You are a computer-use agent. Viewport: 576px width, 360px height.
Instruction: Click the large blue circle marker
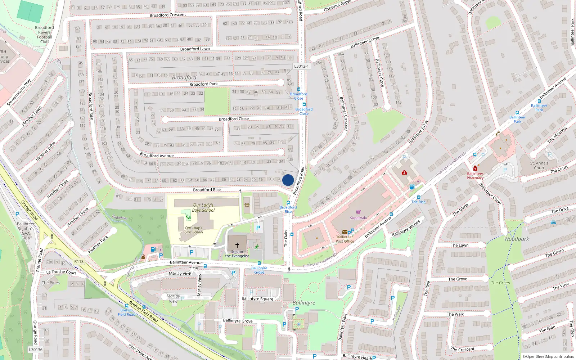288,180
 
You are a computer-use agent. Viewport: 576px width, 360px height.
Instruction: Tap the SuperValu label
358,218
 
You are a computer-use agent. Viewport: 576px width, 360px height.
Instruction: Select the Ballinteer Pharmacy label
475,176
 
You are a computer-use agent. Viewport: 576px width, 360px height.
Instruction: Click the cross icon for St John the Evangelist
237,245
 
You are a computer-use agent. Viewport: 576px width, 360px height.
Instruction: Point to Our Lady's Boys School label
203,208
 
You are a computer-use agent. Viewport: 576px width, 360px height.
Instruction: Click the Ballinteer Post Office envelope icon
345,232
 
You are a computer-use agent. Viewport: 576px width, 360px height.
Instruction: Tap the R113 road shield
79,262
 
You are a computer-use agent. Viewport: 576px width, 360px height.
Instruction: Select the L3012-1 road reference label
301,66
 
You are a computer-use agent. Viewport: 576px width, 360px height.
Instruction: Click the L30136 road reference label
36,350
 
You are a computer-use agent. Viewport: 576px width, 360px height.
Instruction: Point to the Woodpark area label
516,239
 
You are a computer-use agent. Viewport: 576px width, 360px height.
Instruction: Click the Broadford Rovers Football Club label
44,35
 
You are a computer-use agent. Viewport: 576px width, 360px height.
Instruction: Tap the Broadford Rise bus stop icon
288,203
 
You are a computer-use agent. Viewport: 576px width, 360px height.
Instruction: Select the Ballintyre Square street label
257,299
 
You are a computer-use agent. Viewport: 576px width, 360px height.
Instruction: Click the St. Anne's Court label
539,165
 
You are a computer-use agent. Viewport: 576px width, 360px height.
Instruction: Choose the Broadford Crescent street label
168,15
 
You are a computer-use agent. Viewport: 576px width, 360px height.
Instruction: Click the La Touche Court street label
61,272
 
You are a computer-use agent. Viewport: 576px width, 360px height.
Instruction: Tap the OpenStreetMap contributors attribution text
548,356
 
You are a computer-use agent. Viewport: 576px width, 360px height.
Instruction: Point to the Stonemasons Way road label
19,93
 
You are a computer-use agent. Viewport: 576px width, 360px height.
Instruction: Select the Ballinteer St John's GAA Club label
26,231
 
